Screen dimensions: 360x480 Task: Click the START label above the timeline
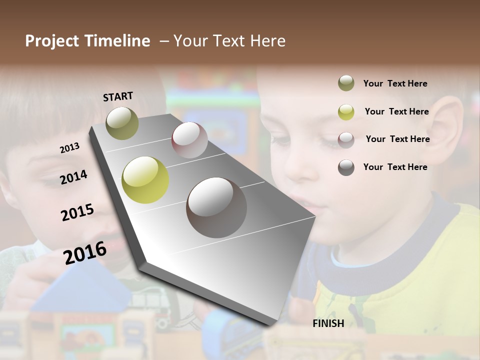(x=118, y=96)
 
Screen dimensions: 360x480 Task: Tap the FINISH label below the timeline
(x=328, y=323)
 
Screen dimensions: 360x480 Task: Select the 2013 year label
(x=69, y=147)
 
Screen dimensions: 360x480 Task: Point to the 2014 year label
(x=73, y=177)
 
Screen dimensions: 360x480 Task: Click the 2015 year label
(x=77, y=212)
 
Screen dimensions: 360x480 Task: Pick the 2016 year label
(x=85, y=252)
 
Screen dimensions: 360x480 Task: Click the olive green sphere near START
(x=122, y=123)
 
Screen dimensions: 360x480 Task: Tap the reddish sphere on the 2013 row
(x=189, y=139)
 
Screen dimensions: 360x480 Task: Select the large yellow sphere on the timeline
(x=145, y=180)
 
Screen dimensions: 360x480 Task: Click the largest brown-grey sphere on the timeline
(x=216, y=207)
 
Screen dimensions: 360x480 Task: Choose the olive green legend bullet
(x=346, y=83)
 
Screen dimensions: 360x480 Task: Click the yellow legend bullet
(x=346, y=112)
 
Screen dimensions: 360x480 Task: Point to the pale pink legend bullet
(x=346, y=139)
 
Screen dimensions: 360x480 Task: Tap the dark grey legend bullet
(x=346, y=167)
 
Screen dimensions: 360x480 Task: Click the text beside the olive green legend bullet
(x=395, y=83)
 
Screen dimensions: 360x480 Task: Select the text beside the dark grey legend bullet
(x=395, y=167)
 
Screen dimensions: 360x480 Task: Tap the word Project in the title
(x=52, y=41)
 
